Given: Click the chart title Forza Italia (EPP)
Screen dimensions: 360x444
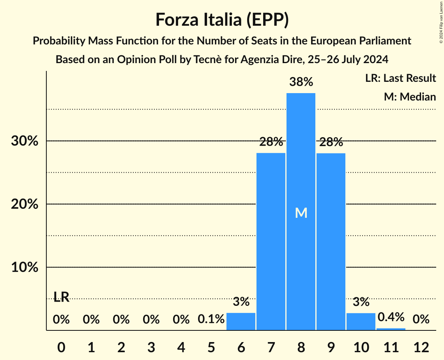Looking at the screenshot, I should (x=222, y=19).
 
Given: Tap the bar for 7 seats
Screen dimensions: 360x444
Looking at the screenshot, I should (x=271, y=242).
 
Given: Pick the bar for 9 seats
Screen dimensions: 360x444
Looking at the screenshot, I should (x=331, y=242).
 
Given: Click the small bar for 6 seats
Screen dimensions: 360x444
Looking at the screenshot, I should (x=241, y=321).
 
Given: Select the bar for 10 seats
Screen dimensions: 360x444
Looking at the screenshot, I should (x=361, y=321).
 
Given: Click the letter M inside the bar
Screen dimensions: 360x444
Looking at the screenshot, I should (x=301, y=213).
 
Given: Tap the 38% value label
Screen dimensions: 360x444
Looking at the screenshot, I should (x=301, y=82).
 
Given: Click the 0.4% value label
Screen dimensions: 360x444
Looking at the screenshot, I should (x=391, y=317).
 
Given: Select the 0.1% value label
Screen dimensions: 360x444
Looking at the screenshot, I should (x=211, y=319).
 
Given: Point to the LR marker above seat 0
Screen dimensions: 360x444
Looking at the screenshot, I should (x=61, y=297).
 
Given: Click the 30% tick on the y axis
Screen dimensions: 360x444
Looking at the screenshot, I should (x=25, y=141).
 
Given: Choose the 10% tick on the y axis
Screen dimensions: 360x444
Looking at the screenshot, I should (x=25, y=268).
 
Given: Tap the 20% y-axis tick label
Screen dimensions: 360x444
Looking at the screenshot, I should (x=25, y=204).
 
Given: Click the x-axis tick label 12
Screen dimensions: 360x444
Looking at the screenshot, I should (x=421, y=347).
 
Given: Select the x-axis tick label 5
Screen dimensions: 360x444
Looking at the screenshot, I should (x=211, y=347).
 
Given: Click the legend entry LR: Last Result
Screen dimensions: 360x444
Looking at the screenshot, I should (x=400, y=78).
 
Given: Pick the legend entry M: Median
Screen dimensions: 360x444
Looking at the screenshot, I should (x=410, y=97).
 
